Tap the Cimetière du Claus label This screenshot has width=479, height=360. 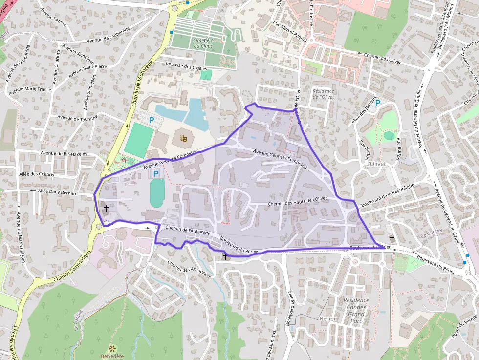tap(203, 43)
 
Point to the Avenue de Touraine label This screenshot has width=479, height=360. tap(77, 117)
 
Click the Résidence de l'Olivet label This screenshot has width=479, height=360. tap(323, 94)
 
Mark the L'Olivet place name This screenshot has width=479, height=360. tap(375, 165)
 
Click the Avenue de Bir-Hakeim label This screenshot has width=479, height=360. tap(64, 154)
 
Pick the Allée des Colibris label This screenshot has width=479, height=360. tap(36, 174)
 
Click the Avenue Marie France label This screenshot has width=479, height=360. tap(30, 89)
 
